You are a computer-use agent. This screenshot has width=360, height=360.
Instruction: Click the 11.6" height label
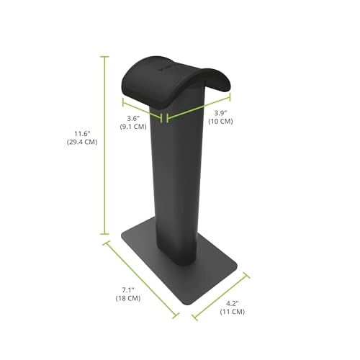tap(85, 132)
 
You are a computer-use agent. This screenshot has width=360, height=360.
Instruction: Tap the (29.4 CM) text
tap(85, 142)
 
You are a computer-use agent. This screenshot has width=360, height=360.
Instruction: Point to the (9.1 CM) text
tap(132, 126)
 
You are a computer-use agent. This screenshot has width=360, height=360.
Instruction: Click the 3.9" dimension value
tap(222, 112)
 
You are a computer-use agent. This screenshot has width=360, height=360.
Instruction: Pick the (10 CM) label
tap(221, 122)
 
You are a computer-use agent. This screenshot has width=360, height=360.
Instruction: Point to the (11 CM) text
tap(231, 313)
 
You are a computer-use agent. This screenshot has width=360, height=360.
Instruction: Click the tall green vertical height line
tap(106, 144)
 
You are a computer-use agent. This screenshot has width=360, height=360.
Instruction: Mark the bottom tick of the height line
tap(106, 235)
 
